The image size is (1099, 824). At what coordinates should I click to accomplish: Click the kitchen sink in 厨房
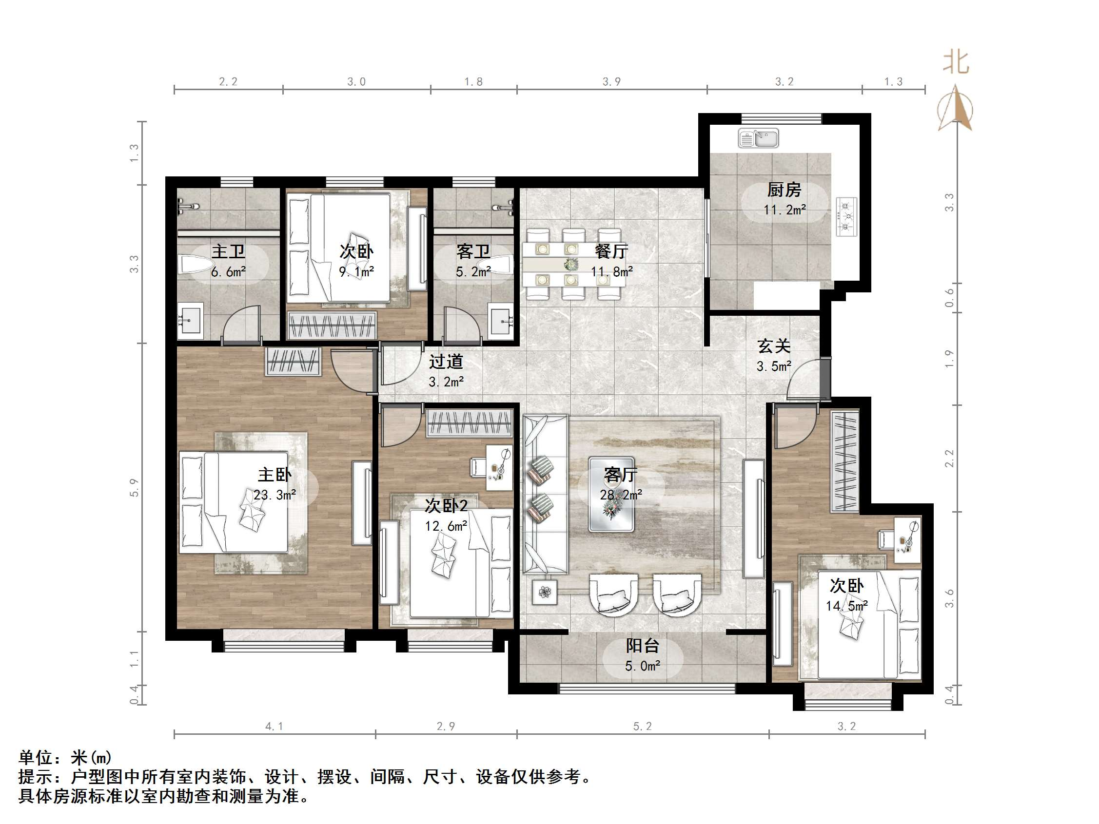point(758,138)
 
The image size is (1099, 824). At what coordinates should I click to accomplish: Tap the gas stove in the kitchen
point(847,216)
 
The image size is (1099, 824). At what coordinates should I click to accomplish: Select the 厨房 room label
point(784,190)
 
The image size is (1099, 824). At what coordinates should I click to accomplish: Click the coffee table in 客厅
point(611,495)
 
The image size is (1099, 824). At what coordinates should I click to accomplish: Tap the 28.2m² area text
point(621,495)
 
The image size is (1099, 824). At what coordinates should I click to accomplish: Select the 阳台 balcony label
point(642,646)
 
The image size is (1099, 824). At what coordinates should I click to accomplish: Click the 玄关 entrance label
point(774,345)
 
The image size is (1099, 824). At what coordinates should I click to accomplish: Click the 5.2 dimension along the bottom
point(642,727)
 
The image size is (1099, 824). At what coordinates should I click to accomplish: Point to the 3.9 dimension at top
point(611,82)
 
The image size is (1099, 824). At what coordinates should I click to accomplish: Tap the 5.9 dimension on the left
point(134,487)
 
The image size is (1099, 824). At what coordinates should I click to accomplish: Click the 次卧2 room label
point(446,506)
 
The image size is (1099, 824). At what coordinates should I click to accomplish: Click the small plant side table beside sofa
point(545,592)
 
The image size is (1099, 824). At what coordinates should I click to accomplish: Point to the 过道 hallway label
point(446,362)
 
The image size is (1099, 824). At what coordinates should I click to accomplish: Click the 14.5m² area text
point(846,606)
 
